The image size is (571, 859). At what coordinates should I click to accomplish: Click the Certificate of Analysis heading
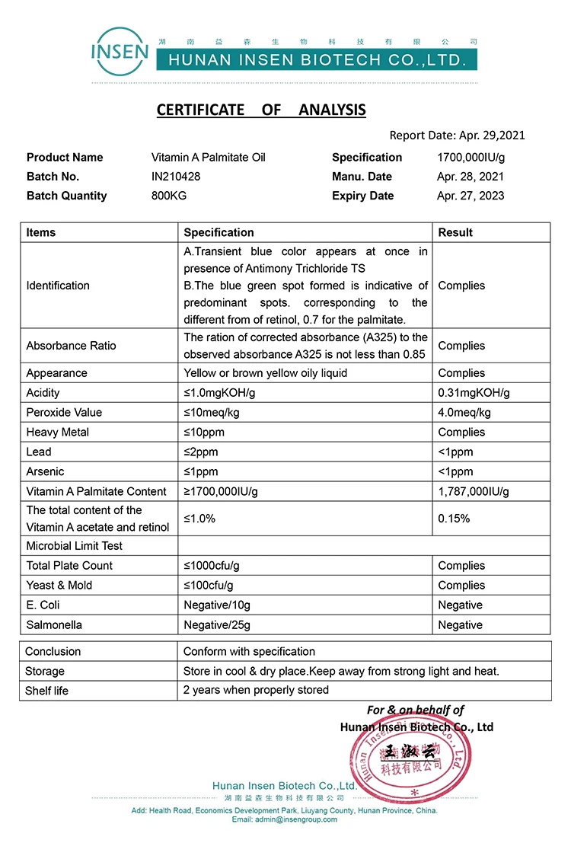pyautogui.click(x=261, y=110)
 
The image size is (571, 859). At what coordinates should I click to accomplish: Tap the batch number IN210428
pyautogui.click(x=176, y=177)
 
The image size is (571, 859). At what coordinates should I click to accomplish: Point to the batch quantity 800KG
pyautogui.click(x=169, y=196)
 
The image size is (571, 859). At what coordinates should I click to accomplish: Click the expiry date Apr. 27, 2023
pyautogui.click(x=470, y=196)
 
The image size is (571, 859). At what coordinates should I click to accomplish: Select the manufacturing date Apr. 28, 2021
pyautogui.click(x=470, y=177)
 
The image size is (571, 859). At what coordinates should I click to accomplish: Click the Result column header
pyautogui.click(x=455, y=232)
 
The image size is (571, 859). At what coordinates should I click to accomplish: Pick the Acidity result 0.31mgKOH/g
pyautogui.click(x=474, y=393)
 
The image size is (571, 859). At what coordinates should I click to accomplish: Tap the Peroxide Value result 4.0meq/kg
pyautogui.click(x=464, y=413)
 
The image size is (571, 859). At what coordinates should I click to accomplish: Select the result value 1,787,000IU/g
pyautogui.click(x=474, y=491)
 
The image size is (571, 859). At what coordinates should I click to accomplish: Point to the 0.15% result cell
pyautogui.click(x=454, y=519)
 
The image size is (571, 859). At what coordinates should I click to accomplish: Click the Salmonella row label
pyautogui.click(x=54, y=625)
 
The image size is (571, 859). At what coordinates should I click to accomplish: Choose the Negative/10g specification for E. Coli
pyautogui.click(x=217, y=605)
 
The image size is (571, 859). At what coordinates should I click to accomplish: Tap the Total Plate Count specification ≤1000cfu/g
pyautogui.click(x=212, y=566)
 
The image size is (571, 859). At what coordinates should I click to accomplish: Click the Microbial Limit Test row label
pyautogui.click(x=74, y=546)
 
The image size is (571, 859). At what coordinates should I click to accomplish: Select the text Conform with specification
pyautogui.click(x=249, y=652)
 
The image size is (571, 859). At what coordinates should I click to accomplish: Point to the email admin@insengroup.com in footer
pyautogui.click(x=284, y=819)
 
